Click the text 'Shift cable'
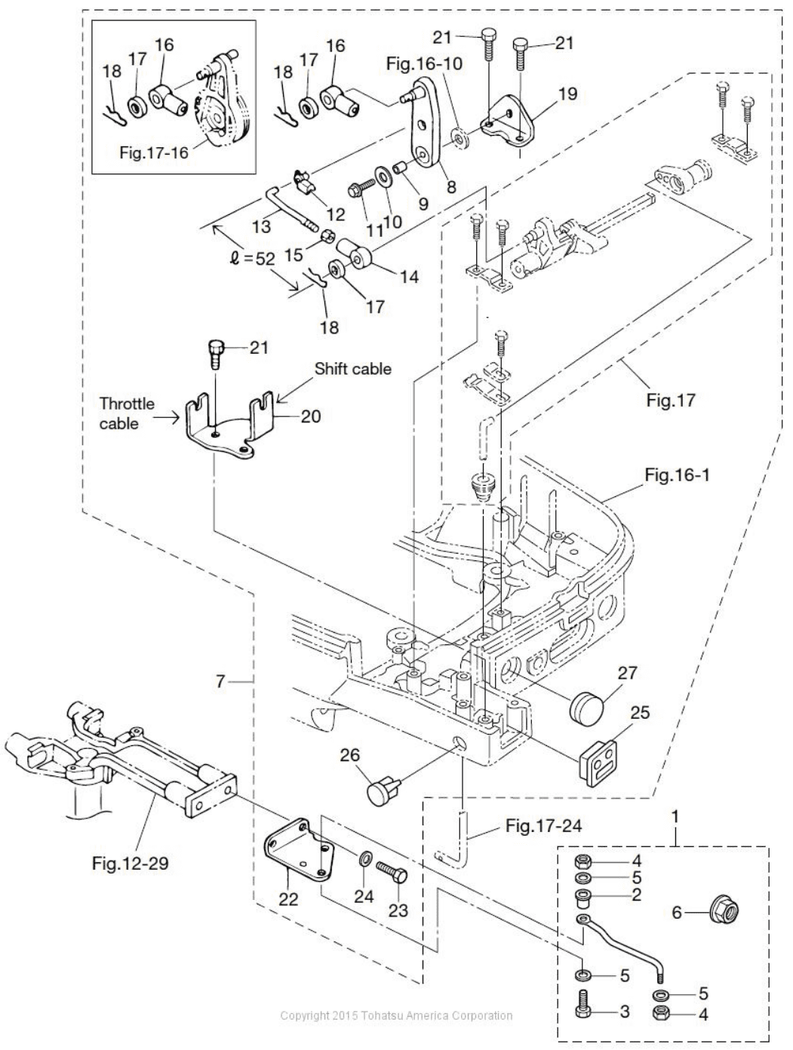coord(353,369)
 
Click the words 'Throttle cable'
coord(127,413)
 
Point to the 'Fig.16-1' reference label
coord(677,475)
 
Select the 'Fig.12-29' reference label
coord(130,864)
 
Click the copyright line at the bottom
coord(396,1015)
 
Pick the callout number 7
coord(220,681)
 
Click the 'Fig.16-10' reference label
coord(424,64)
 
